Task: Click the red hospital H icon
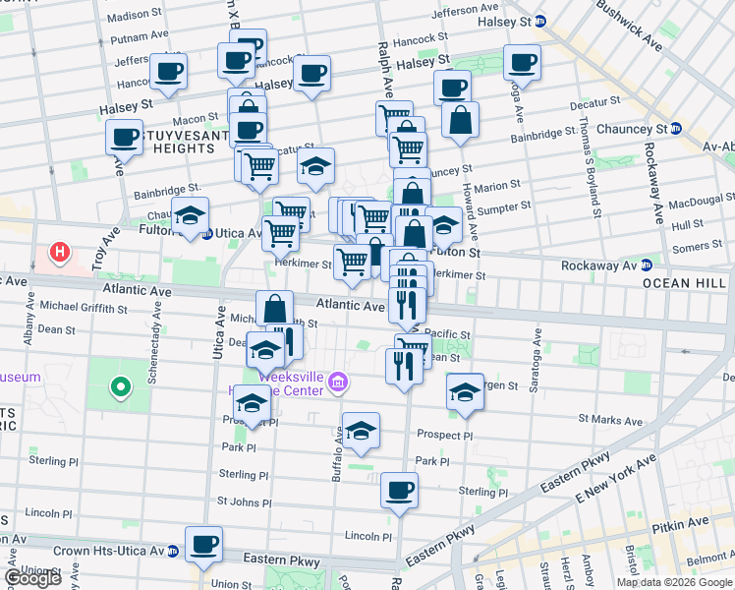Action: tap(61, 254)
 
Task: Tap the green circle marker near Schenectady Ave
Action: tap(121, 387)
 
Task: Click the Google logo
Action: tap(32, 578)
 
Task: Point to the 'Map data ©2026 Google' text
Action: tap(674, 582)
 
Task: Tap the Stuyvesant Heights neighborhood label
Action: tap(165, 141)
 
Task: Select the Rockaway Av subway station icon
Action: tap(647, 265)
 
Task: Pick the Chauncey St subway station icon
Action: tap(676, 129)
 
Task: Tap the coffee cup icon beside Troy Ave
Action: tap(125, 138)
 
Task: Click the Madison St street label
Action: tap(135, 16)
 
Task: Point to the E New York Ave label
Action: tap(610, 484)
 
